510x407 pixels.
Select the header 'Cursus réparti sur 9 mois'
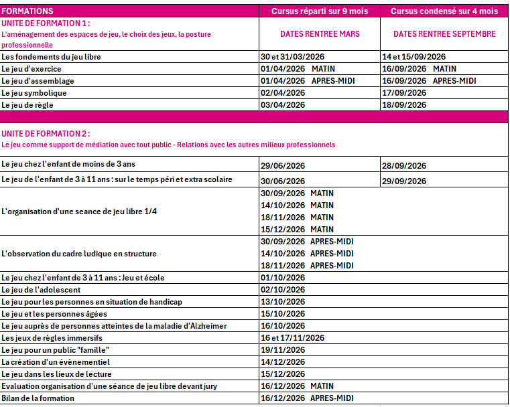[x=320, y=11]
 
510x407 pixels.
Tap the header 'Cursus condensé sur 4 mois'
[x=444, y=11]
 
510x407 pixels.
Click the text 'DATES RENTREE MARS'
[x=320, y=34]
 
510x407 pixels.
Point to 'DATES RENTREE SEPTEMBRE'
[x=444, y=34]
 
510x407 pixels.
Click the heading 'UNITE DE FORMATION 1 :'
[x=46, y=23]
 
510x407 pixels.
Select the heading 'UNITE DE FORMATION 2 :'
[x=46, y=134]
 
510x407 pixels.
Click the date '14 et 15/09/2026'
[x=413, y=57]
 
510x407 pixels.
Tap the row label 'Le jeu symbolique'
[x=34, y=93]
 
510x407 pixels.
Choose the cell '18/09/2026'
[x=404, y=105]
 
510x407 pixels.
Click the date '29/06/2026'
[x=283, y=165]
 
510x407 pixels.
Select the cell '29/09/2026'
[x=404, y=181]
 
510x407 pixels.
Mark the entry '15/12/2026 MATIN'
[x=297, y=230]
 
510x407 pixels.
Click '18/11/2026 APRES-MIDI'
[x=307, y=266]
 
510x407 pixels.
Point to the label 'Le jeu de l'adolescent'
[x=41, y=290]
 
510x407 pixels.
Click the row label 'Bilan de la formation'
[x=38, y=398]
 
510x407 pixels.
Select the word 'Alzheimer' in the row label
[x=207, y=326]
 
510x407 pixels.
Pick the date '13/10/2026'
[x=283, y=302]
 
